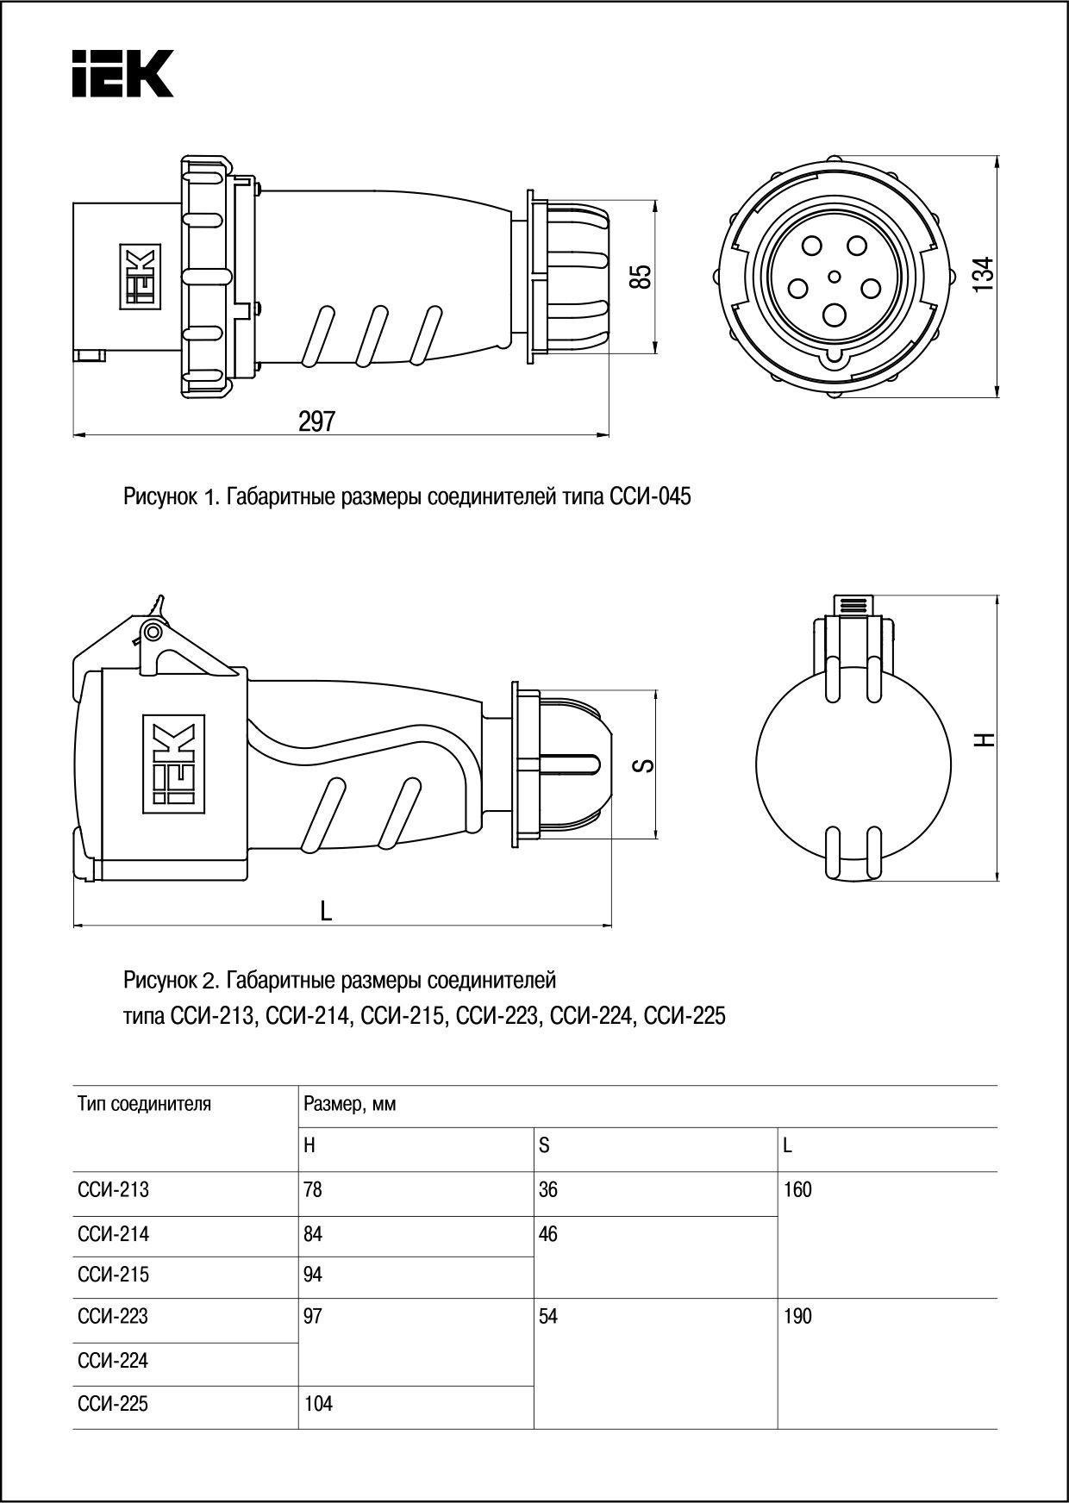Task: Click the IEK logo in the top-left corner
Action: (122, 73)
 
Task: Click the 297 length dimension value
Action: (316, 421)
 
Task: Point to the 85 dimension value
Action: (640, 277)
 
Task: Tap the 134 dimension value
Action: (983, 275)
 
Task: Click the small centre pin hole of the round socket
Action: (834, 277)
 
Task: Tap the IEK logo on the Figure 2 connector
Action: (172, 764)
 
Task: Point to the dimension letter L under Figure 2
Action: (326, 911)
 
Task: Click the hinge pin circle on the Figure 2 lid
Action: (152, 633)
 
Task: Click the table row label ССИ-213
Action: (113, 1190)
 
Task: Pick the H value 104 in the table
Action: (318, 1405)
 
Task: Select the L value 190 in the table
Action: (797, 1317)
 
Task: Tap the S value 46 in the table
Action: (547, 1235)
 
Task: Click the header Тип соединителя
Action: (144, 1104)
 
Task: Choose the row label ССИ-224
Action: (113, 1361)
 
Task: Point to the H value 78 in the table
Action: (312, 1190)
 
